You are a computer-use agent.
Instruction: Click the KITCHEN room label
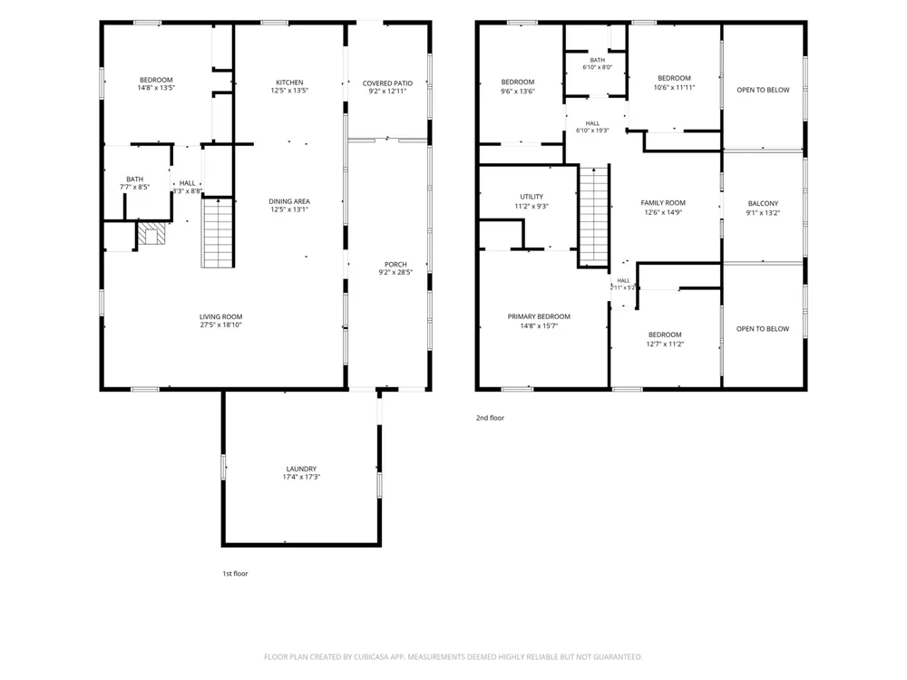(x=289, y=83)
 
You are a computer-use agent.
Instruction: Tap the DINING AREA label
(x=289, y=201)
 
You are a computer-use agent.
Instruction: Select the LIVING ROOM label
(x=221, y=316)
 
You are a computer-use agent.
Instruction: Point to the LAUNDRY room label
(x=301, y=469)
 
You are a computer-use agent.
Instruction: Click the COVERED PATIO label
(x=387, y=83)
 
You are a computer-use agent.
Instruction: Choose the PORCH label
(x=395, y=264)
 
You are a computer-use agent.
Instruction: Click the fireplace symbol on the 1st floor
(x=151, y=234)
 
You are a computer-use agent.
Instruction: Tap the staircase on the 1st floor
(x=218, y=232)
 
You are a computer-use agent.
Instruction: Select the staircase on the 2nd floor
(x=594, y=215)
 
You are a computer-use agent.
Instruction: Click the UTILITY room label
(x=532, y=197)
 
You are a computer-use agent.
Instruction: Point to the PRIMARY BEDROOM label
(x=539, y=316)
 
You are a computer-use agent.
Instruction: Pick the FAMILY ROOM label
(x=663, y=203)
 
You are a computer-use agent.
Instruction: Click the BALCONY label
(x=763, y=203)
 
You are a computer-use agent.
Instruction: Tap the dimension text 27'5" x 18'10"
(x=221, y=325)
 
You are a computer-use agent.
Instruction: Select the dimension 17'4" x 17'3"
(x=301, y=477)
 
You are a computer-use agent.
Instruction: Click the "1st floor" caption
(x=236, y=574)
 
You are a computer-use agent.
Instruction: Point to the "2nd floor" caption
(x=490, y=417)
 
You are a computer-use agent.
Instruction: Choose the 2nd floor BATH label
(x=598, y=60)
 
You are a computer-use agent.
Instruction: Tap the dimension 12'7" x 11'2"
(x=665, y=344)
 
